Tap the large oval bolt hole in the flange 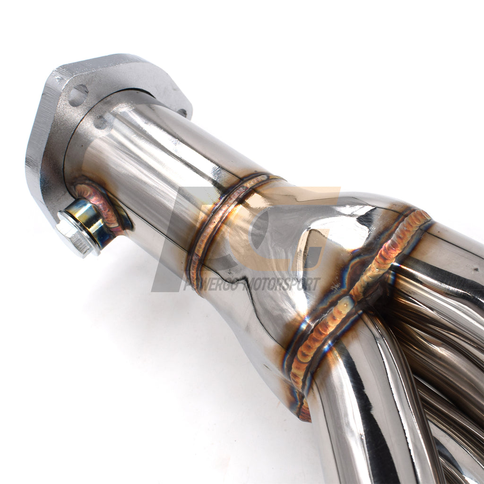[78, 95]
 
